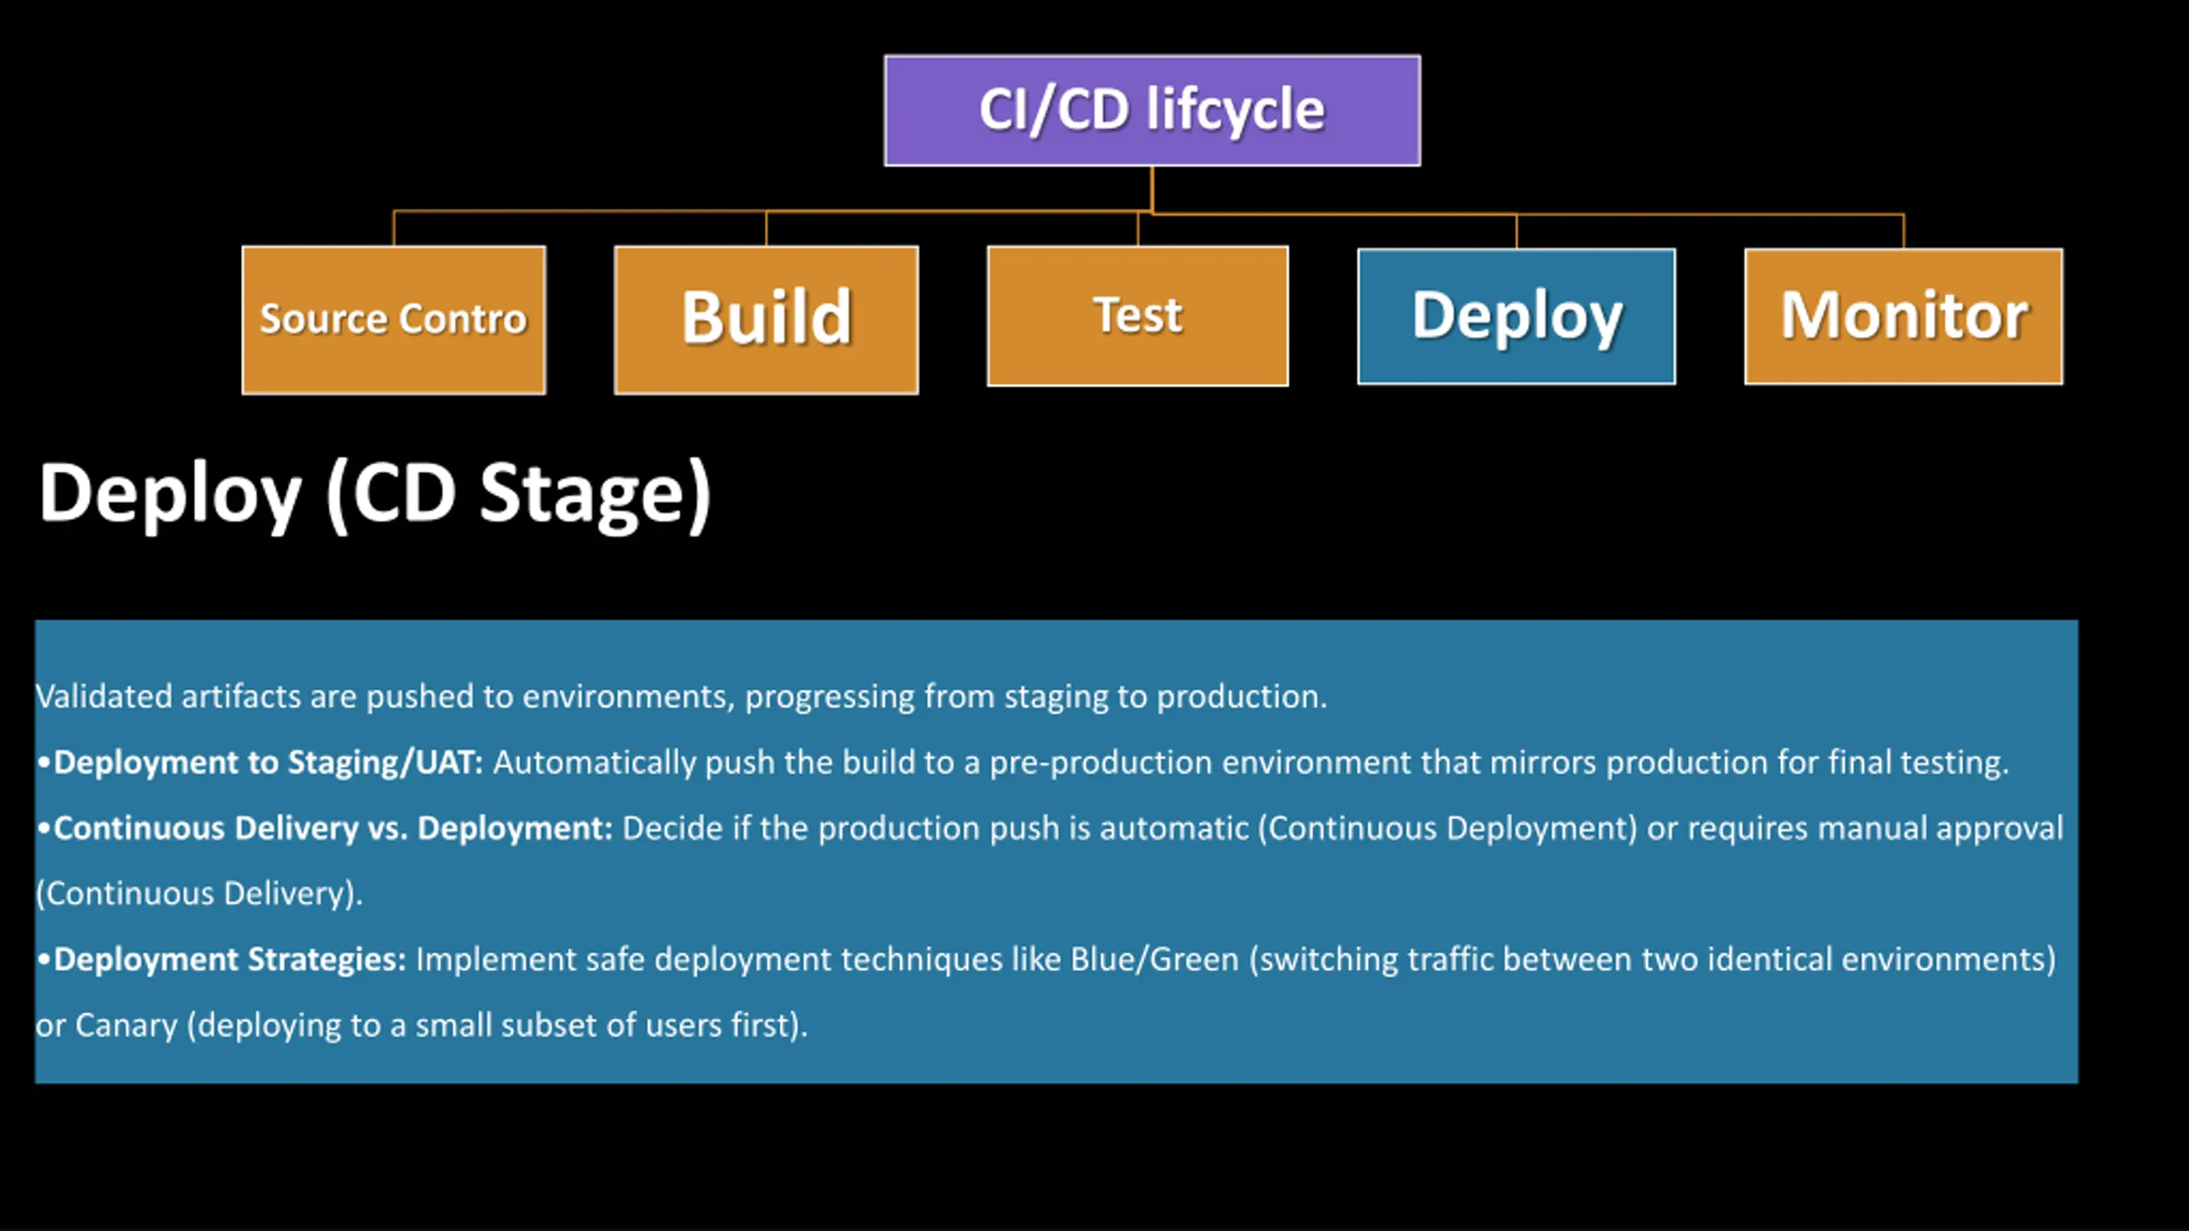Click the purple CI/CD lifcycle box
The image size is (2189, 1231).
tap(1152, 110)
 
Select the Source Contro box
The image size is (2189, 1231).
tap(393, 320)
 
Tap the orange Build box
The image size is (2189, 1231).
tap(766, 320)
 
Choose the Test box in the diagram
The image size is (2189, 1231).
tap(1137, 315)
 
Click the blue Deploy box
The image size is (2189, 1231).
tap(1516, 316)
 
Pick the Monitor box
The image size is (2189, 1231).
tap(1903, 316)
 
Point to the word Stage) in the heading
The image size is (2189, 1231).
tap(595, 495)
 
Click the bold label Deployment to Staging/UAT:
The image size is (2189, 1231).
tap(268, 762)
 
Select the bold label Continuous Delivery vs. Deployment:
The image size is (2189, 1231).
tap(333, 828)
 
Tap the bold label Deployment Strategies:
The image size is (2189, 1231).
tap(230, 959)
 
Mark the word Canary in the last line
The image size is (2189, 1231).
tap(127, 1025)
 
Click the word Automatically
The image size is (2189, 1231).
tap(595, 763)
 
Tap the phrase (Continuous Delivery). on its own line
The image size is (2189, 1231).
tap(199, 893)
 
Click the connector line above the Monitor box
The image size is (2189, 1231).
tap(1903, 232)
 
